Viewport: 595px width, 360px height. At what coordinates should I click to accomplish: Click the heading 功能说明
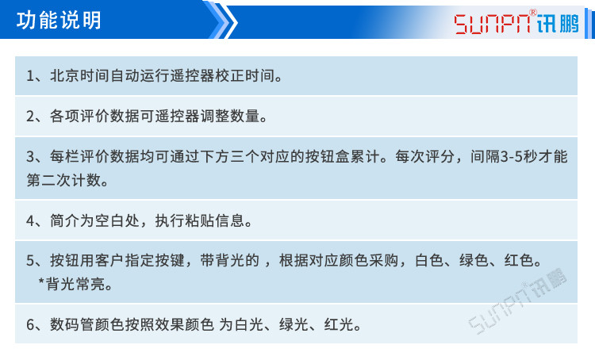point(59,20)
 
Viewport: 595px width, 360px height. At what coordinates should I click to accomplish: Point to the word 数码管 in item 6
point(86,324)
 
